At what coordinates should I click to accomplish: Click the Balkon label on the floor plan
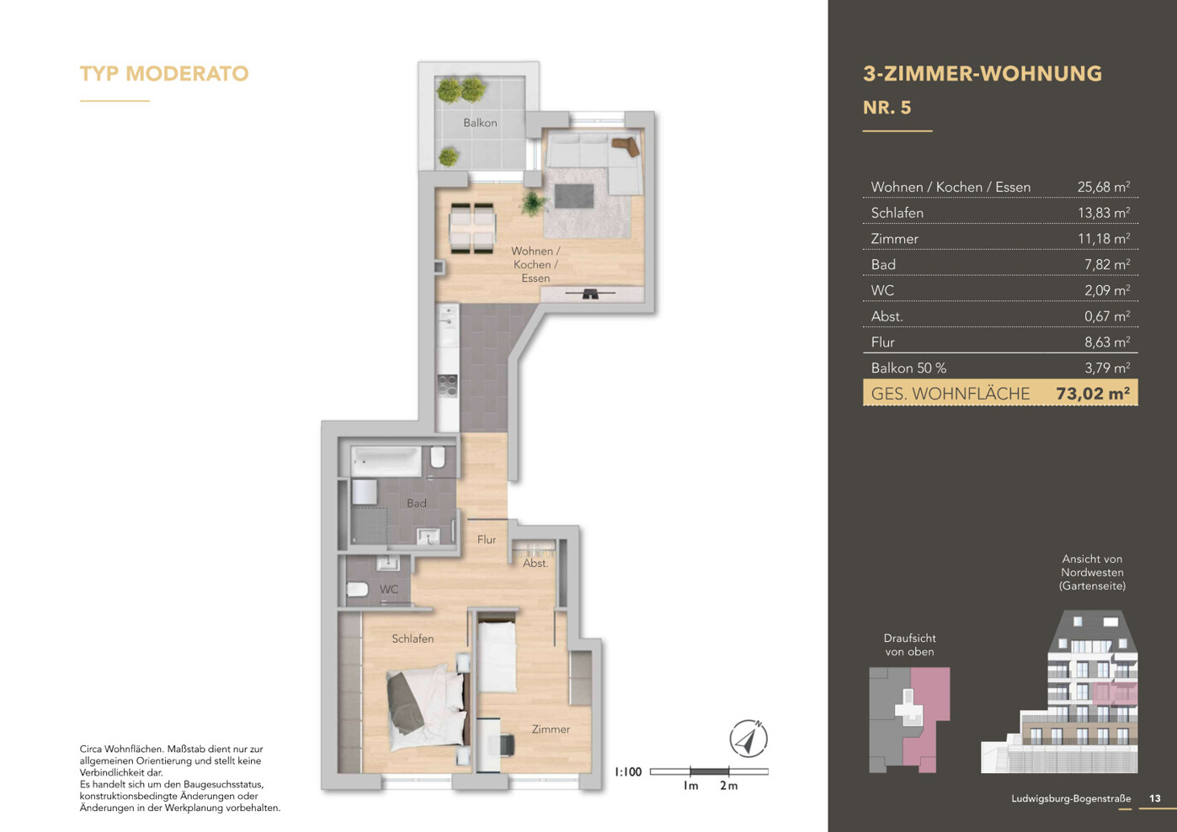click(x=480, y=123)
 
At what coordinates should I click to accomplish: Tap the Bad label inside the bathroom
click(x=416, y=503)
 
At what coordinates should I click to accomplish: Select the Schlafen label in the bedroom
click(x=413, y=639)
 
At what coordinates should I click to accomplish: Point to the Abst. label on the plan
click(x=535, y=564)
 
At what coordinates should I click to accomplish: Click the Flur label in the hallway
click(x=486, y=539)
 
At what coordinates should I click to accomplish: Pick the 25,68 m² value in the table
click(x=1104, y=187)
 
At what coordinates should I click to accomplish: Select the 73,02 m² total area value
click(x=1093, y=394)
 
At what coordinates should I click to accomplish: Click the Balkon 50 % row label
click(x=908, y=368)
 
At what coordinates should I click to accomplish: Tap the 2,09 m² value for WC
click(x=1107, y=290)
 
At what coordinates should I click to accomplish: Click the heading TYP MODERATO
click(x=164, y=73)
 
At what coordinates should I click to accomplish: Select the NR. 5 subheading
click(x=887, y=108)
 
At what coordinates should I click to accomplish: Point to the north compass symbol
click(x=748, y=738)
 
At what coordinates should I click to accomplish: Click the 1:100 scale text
click(x=628, y=771)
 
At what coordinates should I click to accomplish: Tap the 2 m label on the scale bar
click(x=729, y=786)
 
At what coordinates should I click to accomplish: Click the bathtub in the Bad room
click(x=386, y=462)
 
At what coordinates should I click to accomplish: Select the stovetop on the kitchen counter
click(x=448, y=386)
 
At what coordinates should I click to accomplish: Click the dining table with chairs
click(x=472, y=228)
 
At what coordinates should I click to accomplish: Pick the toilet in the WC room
click(x=357, y=590)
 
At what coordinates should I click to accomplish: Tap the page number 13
click(x=1154, y=798)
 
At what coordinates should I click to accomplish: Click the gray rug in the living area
click(x=574, y=196)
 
